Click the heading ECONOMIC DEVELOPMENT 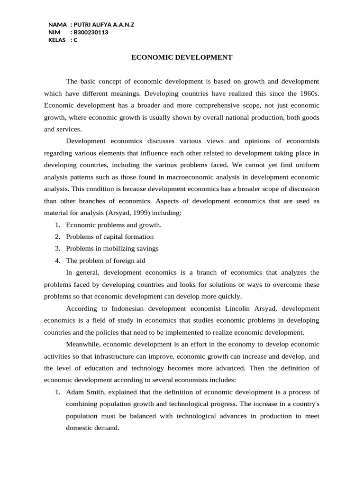[182, 57]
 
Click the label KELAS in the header [57, 40]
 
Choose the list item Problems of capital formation [109, 236]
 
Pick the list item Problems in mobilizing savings [112, 248]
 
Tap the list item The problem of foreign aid [105, 260]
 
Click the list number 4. [57, 260]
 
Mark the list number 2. [57, 236]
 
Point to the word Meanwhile [82, 344]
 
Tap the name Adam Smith [82, 392]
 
